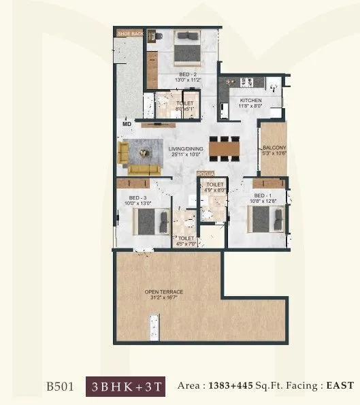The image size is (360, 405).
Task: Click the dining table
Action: pos(225,148)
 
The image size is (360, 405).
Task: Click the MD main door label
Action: pos(127,124)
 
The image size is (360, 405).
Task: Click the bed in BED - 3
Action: pos(151,221)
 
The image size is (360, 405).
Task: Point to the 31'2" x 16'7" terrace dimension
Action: pos(163,298)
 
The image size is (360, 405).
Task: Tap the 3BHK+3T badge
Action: pos(126,385)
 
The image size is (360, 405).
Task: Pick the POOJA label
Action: pos(205,174)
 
